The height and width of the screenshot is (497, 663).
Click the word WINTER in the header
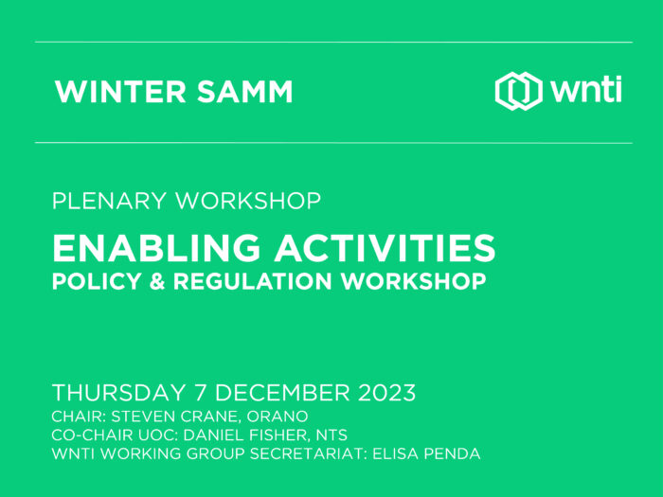120,91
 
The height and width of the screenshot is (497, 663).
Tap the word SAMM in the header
244,91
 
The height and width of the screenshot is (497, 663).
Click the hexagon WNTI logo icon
519,91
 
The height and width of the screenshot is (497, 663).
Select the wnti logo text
586,90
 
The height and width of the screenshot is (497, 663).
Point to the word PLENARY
109,201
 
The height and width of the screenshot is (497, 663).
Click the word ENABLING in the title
156,248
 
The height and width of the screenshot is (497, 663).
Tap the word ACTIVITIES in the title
385,248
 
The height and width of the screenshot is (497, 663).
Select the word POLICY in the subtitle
97,281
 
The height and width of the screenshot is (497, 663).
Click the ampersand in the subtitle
157,281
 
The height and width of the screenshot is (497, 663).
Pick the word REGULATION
253,281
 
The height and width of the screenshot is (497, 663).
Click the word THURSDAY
118,393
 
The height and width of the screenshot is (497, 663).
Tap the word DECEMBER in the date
282,393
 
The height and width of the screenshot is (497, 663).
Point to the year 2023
386,393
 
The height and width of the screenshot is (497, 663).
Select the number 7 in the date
201,393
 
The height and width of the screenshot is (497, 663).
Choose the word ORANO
278,417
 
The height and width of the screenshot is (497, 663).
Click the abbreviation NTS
331,435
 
